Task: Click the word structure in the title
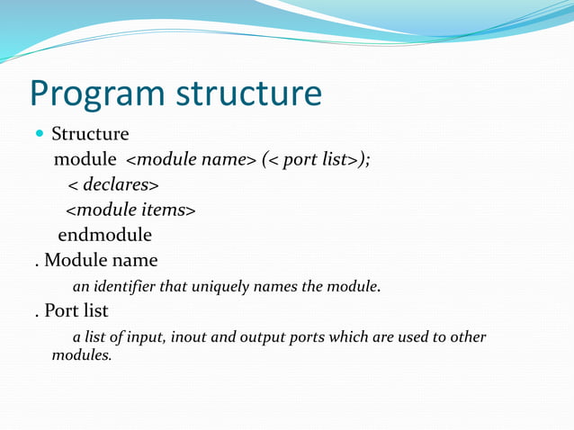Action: pos(248,93)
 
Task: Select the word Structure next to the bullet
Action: pos(90,134)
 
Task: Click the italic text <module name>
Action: pos(191,159)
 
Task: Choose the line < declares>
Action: pos(113,184)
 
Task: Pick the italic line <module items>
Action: pos(130,210)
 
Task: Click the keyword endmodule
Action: pos(104,235)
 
